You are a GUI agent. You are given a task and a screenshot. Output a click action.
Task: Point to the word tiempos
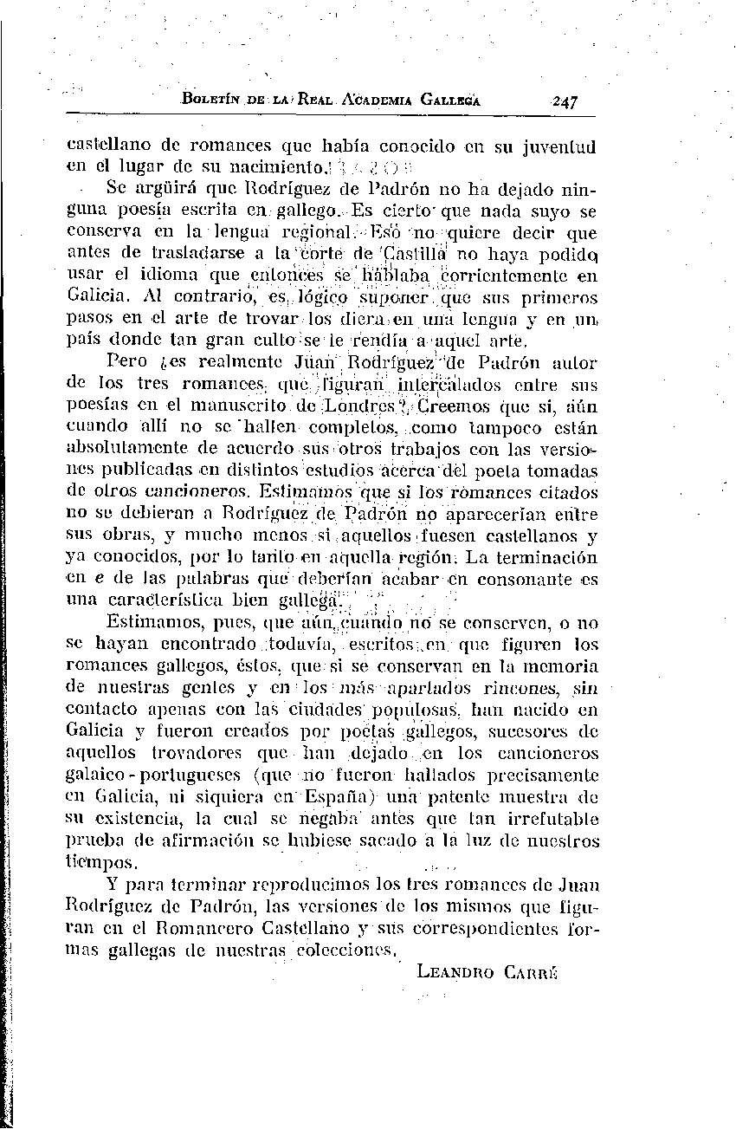[102, 862]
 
